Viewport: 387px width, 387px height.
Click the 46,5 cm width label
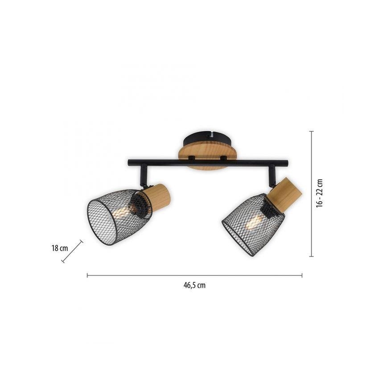[x=194, y=286]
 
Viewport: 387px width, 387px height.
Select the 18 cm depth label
[x=59, y=248]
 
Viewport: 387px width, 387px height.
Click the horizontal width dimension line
[x=194, y=276]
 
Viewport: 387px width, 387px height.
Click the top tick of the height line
[x=311, y=132]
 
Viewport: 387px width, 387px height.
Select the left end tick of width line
[x=87, y=276]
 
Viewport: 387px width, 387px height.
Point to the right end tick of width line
[x=302, y=276]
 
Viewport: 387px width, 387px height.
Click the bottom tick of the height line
[x=311, y=256]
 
